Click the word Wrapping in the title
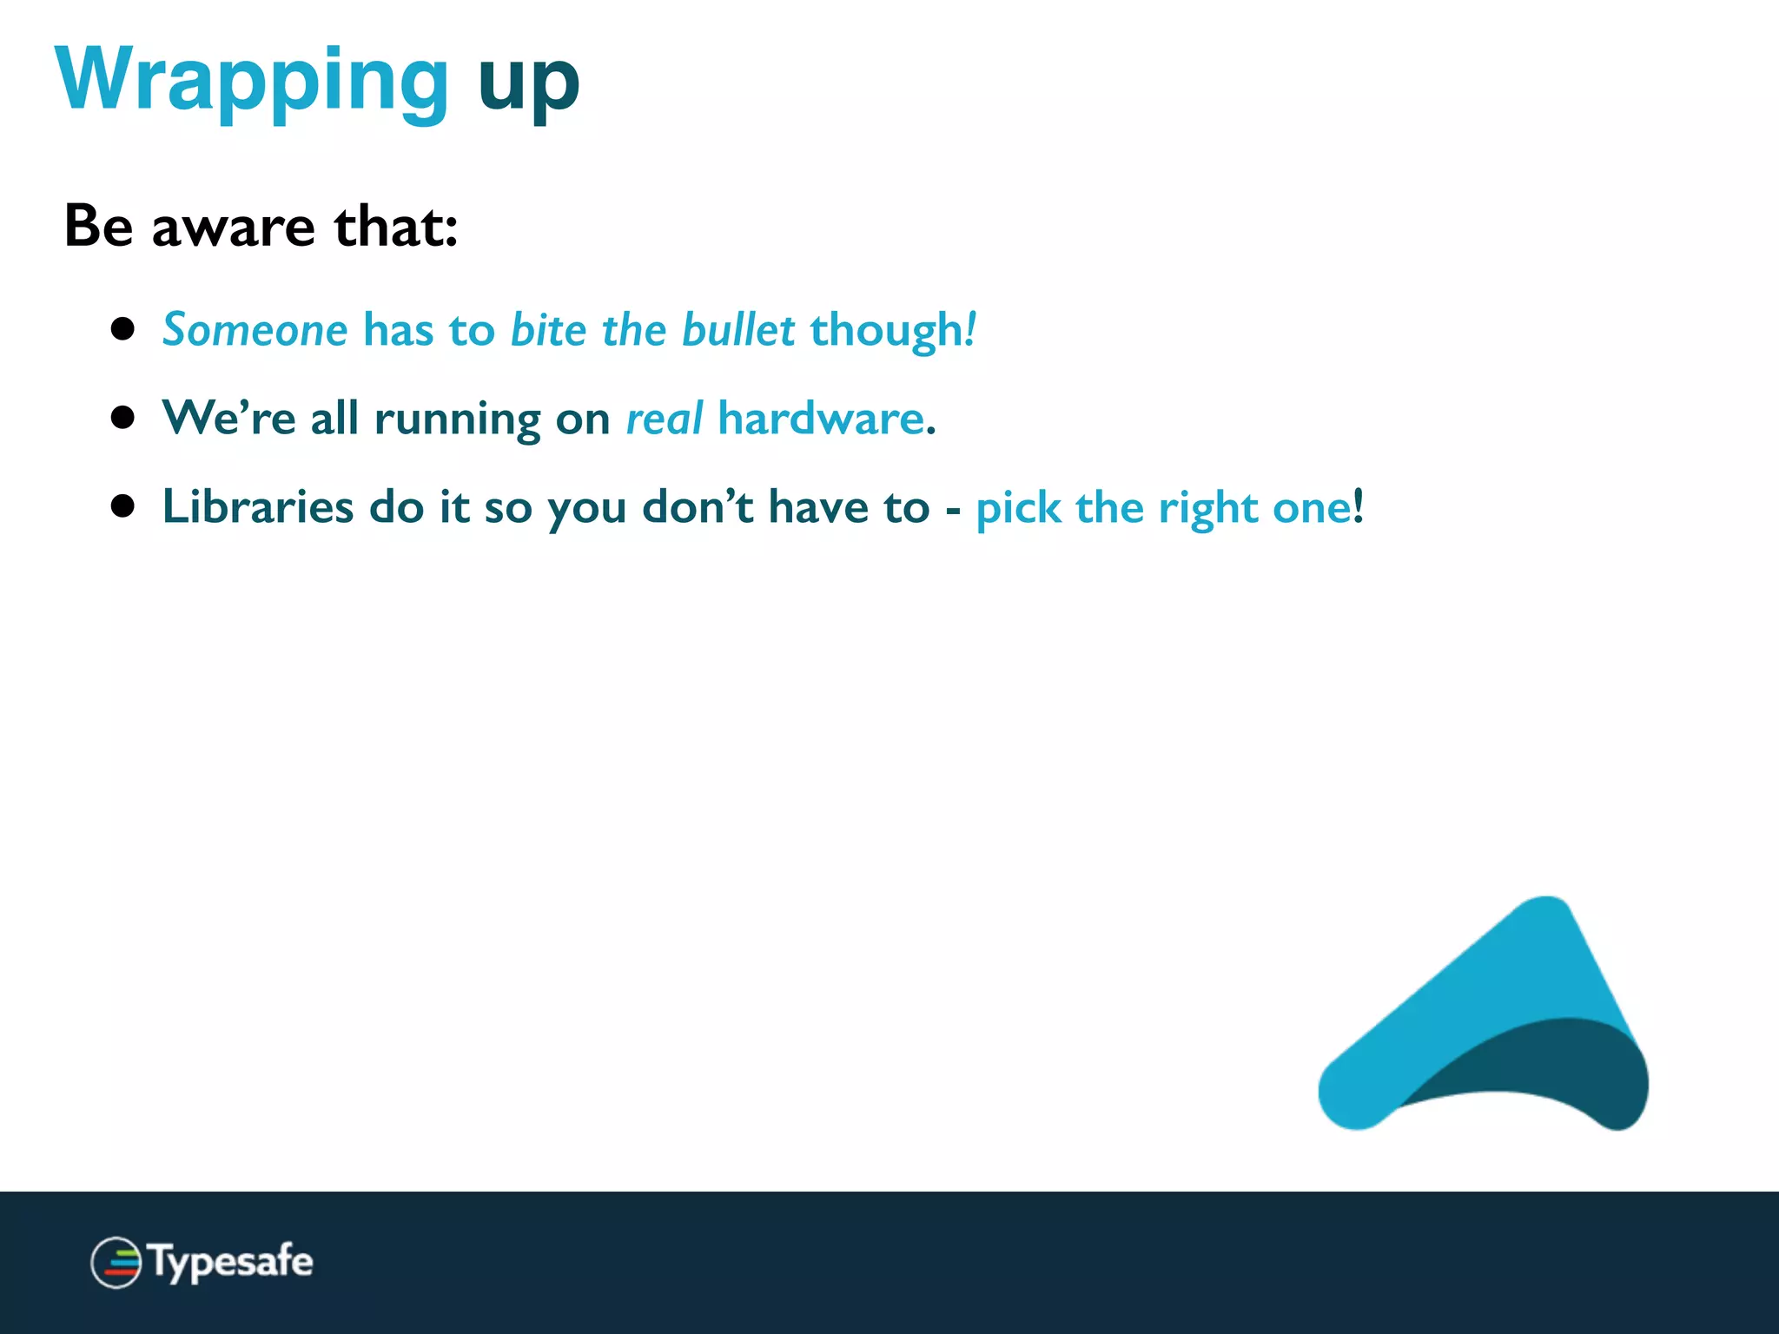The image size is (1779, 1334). tap(252, 80)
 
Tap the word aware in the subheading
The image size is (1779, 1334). tap(233, 227)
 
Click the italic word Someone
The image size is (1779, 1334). tap(255, 330)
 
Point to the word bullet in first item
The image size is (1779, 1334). tap(737, 330)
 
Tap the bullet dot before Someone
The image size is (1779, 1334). tap(123, 329)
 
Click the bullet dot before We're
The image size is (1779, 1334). tap(123, 418)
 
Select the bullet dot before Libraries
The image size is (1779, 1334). tap(123, 506)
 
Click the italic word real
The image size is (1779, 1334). tap(664, 419)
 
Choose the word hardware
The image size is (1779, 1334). tap(821, 419)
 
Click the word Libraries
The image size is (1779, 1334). tap(258, 506)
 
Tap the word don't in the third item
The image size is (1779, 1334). tap(698, 506)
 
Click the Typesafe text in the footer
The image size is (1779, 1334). tap(231, 1262)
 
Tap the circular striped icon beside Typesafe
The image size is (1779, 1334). tap(116, 1262)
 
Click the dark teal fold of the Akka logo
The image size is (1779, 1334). tap(1555, 1064)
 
